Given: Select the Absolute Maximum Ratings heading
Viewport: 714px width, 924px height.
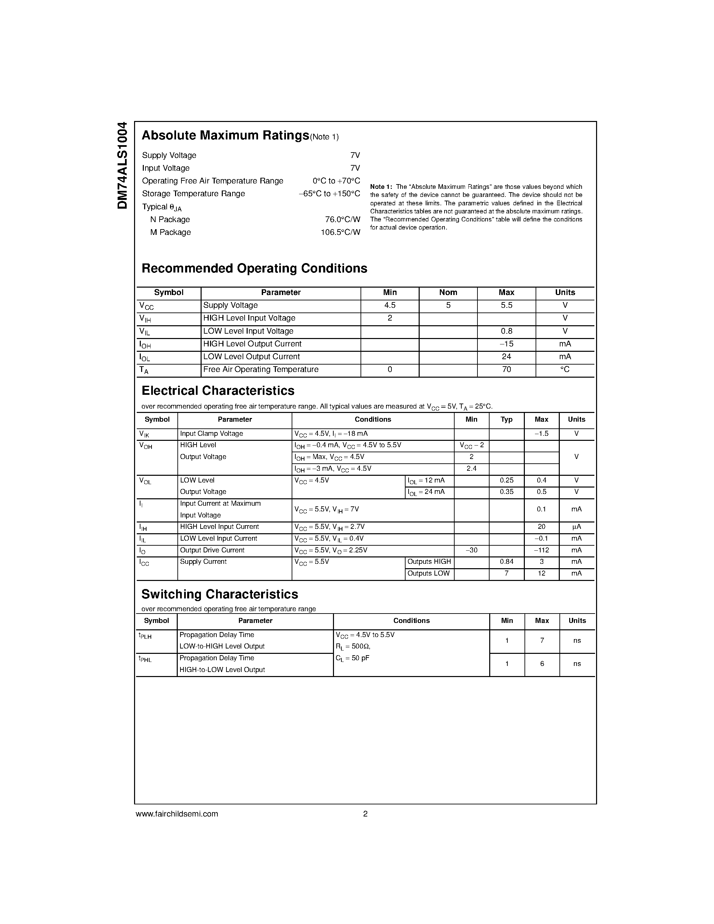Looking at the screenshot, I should pyautogui.click(x=225, y=135).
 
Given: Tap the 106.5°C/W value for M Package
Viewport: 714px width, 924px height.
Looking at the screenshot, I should pyautogui.click(x=340, y=232).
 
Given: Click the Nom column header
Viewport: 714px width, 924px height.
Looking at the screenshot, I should pyautogui.click(x=448, y=292).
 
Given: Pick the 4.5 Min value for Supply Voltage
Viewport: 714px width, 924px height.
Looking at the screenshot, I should pyautogui.click(x=389, y=305).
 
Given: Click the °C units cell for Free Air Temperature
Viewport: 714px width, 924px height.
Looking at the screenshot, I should pyautogui.click(x=565, y=369).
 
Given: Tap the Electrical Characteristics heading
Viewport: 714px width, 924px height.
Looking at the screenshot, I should pyautogui.click(x=218, y=390).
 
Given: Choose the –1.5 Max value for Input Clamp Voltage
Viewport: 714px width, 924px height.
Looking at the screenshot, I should pyautogui.click(x=541, y=434).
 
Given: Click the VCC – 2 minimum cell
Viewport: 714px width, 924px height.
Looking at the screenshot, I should pyautogui.click(x=471, y=446).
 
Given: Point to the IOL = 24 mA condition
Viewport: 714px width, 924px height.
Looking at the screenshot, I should pyautogui.click(x=426, y=492).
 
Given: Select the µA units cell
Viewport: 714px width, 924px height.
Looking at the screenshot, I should pyautogui.click(x=577, y=527).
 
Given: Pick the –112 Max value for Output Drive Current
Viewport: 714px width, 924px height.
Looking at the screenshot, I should pyautogui.click(x=541, y=550).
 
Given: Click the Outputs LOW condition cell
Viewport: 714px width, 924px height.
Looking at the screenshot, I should pyautogui.click(x=428, y=574).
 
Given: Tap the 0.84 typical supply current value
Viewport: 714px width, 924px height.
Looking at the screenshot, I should pyautogui.click(x=506, y=562).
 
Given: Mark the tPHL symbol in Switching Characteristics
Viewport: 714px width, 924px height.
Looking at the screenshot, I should pyautogui.click(x=145, y=659).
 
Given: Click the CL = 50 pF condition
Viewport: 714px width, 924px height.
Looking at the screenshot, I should pyautogui.click(x=352, y=658).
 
